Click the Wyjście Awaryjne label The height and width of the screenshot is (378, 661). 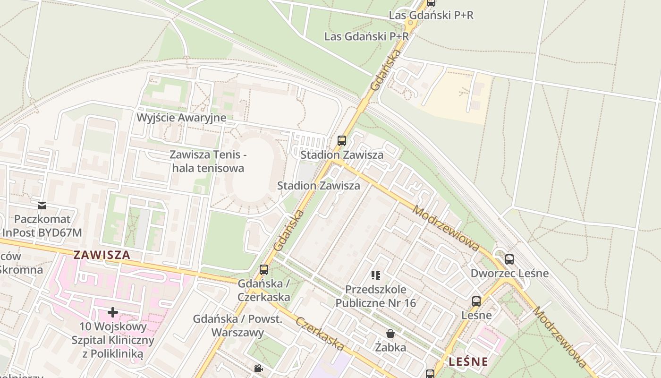point(181,118)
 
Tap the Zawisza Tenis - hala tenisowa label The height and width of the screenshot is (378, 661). point(208,161)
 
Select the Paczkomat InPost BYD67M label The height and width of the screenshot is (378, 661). point(42,226)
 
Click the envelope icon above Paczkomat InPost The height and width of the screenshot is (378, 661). point(42,205)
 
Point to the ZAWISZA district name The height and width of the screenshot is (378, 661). point(102,255)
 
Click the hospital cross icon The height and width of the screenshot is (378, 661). point(113,312)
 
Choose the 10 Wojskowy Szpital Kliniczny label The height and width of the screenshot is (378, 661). point(113,340)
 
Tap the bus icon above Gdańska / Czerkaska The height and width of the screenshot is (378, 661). point(264,270)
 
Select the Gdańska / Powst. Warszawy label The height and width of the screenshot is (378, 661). point(237,326)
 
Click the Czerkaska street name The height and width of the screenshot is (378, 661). point(320,334)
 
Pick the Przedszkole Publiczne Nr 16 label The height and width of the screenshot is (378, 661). point(376,296)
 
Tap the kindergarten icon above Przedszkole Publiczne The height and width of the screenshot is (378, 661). point(376,275)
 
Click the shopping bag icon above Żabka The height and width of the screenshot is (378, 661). point(390,334)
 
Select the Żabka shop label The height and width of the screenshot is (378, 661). point(390,348)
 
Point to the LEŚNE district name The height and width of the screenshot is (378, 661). point(468,362)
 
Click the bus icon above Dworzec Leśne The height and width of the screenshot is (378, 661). point(509,259)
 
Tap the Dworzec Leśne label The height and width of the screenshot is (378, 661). point(509,273)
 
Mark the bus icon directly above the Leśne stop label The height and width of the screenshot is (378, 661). point(476,301)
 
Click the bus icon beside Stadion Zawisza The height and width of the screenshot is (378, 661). point(342,140)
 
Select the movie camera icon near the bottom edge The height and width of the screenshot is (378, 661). point(258,368)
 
